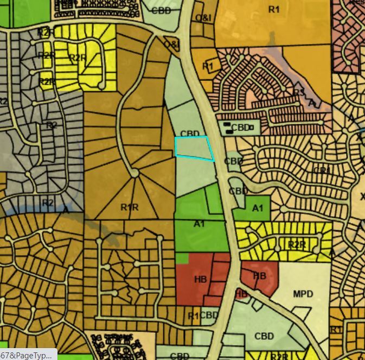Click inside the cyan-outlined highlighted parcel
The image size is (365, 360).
click(193, 148)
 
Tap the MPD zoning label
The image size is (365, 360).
click(303, 294)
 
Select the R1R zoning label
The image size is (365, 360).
click(130, 207)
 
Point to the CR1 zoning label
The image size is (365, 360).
click(322, 170)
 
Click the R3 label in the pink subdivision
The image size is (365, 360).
click(299, 92)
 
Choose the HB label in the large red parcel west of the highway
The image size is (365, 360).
click(200, 279)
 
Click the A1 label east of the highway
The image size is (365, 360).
click(258, 207)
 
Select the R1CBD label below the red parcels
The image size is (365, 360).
click(203, 315)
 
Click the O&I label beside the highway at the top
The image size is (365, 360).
click(203, 18)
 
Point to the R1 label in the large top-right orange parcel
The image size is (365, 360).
click(274, 9)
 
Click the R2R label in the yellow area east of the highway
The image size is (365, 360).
click(297, 245)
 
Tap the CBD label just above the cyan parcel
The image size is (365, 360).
click(190, 134)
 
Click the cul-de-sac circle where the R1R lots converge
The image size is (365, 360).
click(134, 173)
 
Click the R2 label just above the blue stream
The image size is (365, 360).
click(48, 203)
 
